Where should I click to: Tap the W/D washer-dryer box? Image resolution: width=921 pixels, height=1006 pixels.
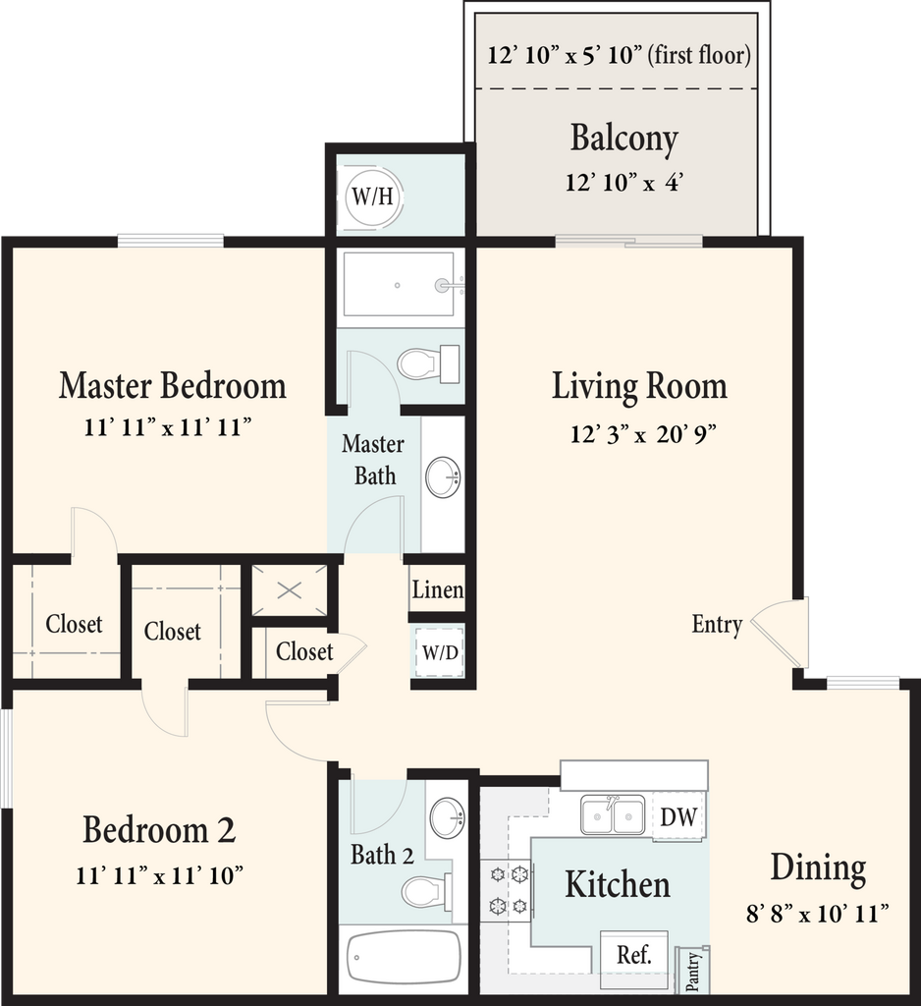[440, 652]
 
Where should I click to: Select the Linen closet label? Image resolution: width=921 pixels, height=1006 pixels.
[438, 589]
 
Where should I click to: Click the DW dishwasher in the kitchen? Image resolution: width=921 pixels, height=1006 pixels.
[679, 816]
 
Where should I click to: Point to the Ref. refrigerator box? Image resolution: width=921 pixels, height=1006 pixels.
[634, 954]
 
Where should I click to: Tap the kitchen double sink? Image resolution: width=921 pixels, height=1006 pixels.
[613, 814]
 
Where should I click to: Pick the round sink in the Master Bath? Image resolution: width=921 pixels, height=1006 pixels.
[443, 476]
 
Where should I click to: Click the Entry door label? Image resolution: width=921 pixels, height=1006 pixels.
[717, 624]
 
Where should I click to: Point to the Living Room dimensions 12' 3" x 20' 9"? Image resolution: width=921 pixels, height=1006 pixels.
[643, 434]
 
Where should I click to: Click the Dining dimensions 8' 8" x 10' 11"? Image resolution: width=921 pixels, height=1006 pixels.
[818, 913]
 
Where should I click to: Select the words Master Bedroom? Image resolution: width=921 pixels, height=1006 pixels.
[173, 385]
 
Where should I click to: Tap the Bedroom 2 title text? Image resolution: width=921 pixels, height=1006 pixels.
[159, 829]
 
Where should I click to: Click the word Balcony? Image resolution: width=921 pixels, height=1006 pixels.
[624, 138]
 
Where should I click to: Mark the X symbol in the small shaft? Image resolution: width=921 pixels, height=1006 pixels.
[289, 590]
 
